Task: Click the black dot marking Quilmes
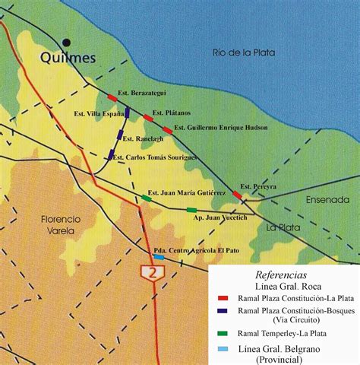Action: click(68, 43)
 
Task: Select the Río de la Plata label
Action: click(244, 52)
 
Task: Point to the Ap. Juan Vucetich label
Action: click(226, 216)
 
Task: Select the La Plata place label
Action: click(283, 227)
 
